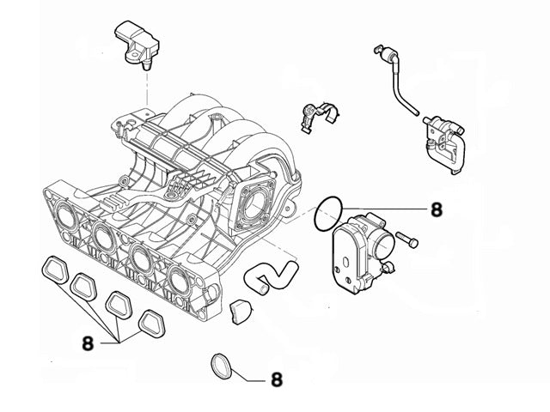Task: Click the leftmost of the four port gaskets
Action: pyautogui.click(x=55, y=270)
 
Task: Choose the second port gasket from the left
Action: pyautogui.click(x=87, y=288)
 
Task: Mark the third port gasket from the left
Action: pyautogui.click(x=120, y=306)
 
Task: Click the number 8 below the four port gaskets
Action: pyautogui.click(x=88, y=342)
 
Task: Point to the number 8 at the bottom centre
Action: pyautogui.click(x=276, y=378)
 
